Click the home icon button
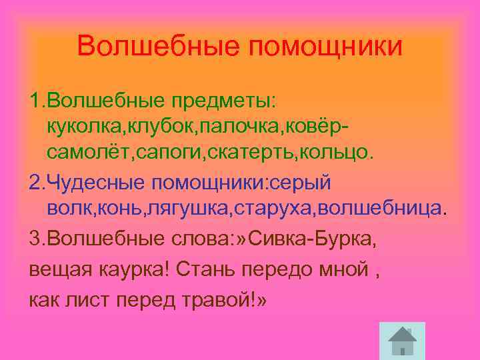point(401,341)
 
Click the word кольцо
point(343,153)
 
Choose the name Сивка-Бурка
point(311,239)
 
